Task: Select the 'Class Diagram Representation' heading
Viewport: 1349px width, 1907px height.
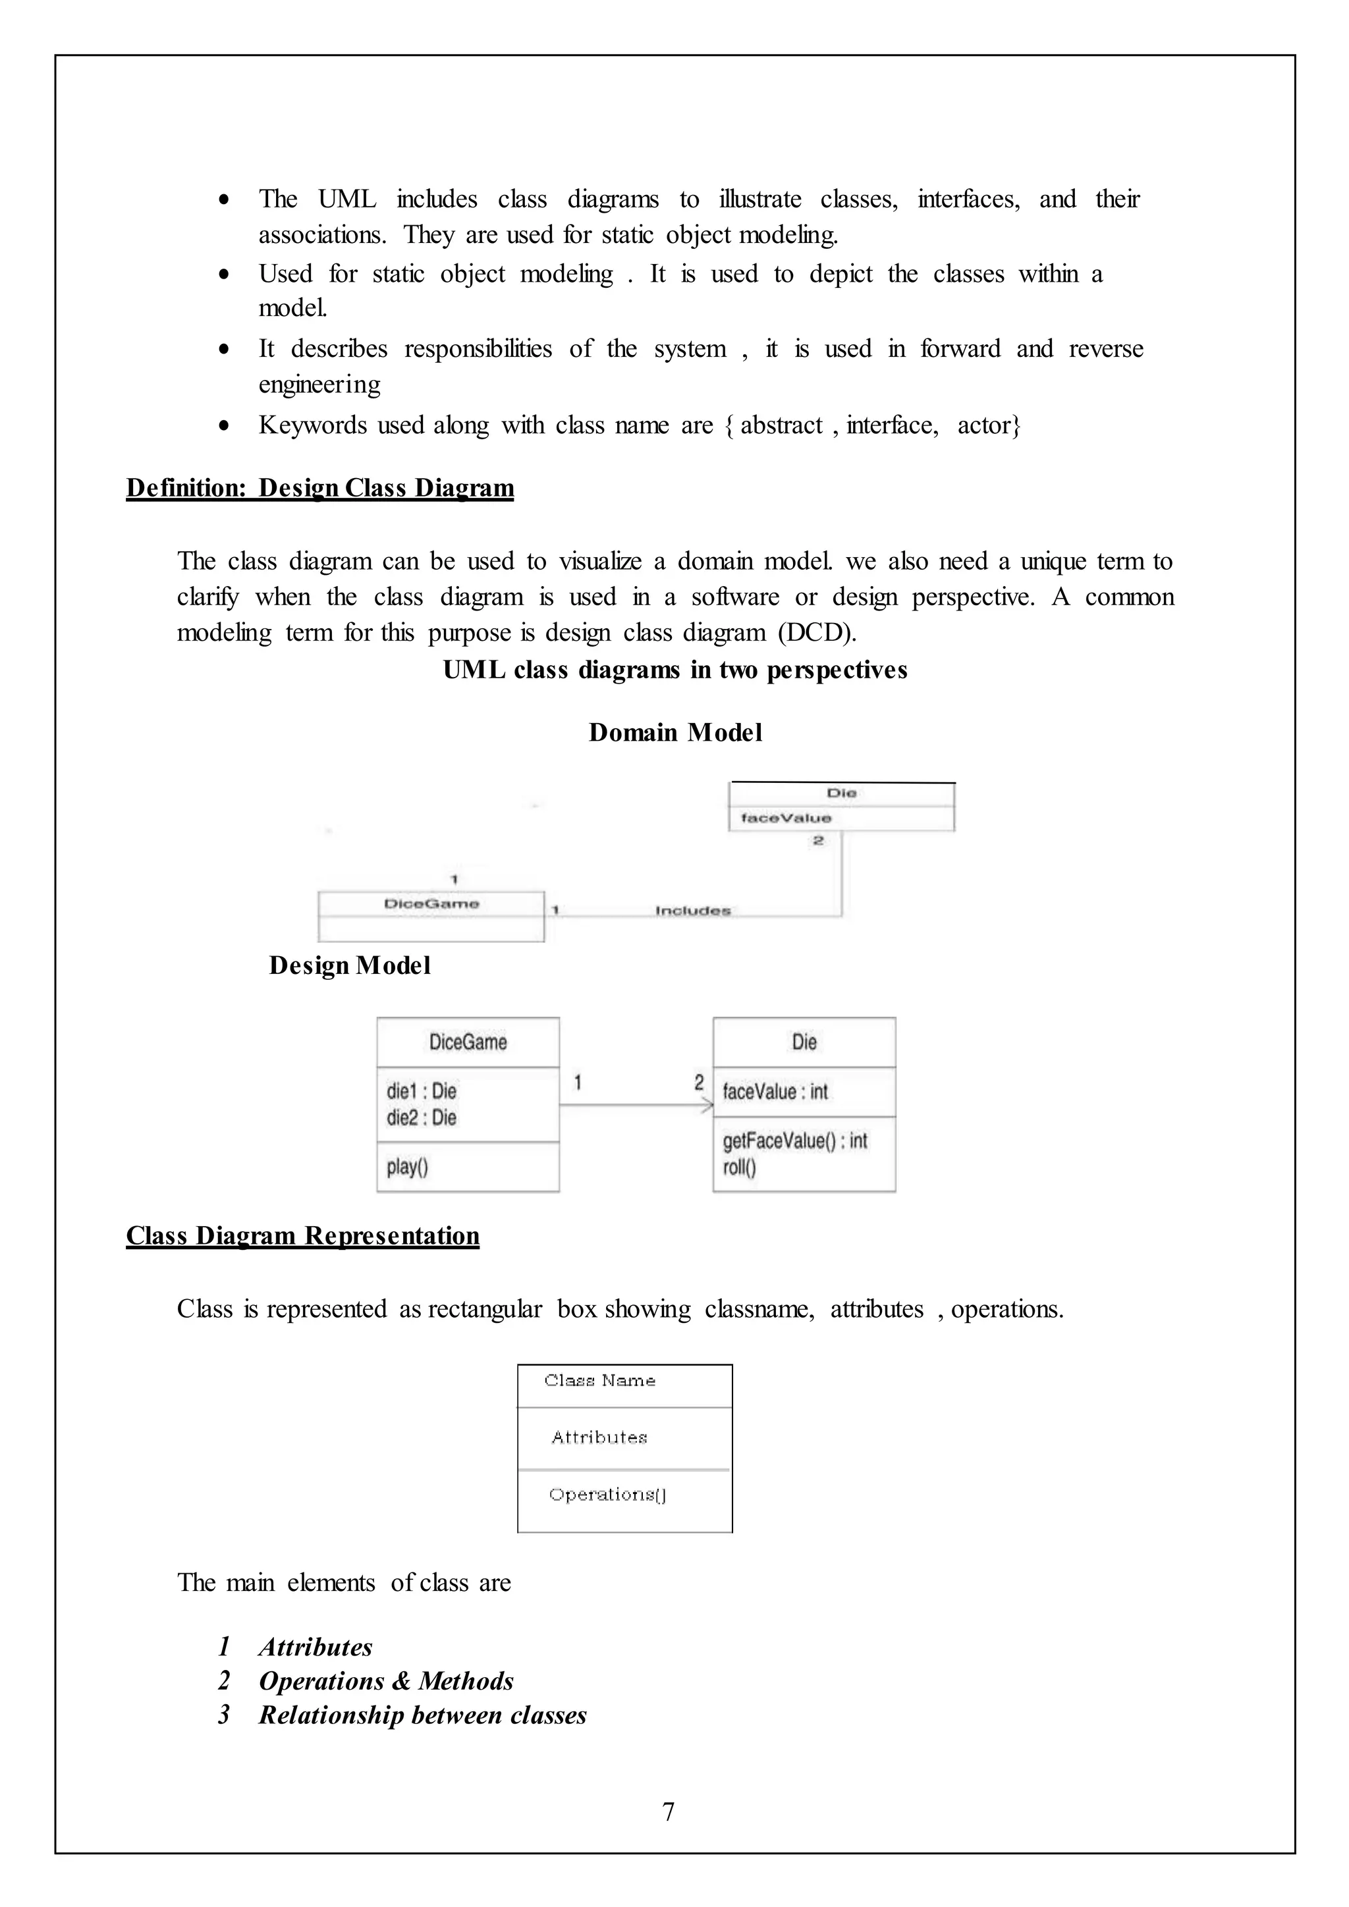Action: click(302, 1235)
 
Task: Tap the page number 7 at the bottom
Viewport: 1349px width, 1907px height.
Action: click(669, 1812)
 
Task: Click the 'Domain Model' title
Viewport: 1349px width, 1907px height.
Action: click(674, 732)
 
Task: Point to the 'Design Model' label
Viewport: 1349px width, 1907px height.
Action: click(349, 965)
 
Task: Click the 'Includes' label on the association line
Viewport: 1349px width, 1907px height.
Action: click(693, 911)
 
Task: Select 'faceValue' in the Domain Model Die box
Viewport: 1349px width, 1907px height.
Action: click(786, 818)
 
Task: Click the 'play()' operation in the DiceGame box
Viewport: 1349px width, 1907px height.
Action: click(407, 1167)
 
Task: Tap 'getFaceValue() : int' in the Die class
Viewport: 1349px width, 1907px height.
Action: click(794, 1141)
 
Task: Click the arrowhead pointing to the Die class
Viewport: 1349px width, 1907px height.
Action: click(707, 1105)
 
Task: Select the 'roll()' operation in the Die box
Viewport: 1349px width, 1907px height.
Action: click(738, 1168)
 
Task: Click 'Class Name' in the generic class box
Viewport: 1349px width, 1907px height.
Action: click(600, 1380)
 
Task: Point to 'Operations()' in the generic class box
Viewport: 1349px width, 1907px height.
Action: click(607, 1494)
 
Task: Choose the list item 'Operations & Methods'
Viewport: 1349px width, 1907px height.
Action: click(385, 1681)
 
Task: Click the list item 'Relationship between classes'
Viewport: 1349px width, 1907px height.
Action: click(422, 1715)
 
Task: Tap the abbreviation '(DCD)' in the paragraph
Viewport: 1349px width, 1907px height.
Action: click(817, 633)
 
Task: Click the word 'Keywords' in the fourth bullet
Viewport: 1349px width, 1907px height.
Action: click(312, 425)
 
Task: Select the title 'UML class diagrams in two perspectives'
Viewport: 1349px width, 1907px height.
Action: click(674, 670)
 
